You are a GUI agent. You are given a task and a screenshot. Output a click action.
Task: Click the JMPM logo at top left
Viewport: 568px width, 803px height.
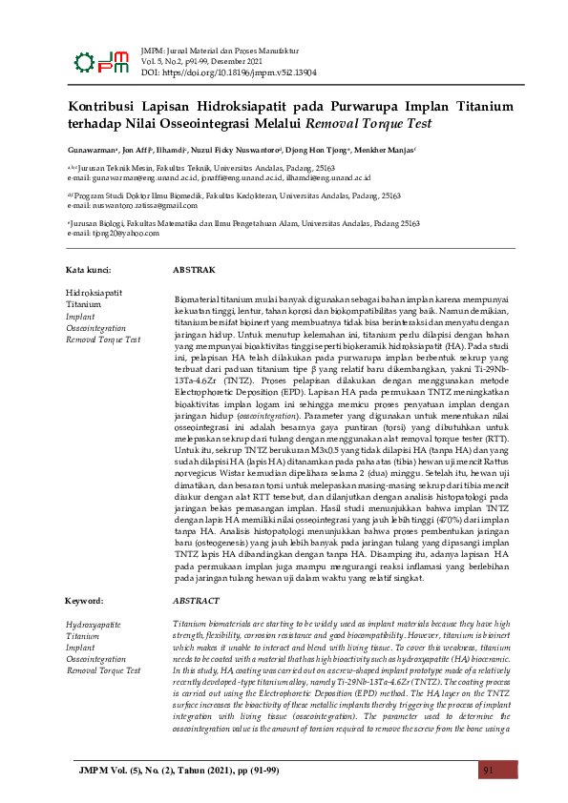(x=100, y=59)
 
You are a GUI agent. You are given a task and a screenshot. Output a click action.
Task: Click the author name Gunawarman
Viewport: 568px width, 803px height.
(x=92, y=151)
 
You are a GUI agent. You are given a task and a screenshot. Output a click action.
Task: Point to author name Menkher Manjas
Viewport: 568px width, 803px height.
(x=389, y=151)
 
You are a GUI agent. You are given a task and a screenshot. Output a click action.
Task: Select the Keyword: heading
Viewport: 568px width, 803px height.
(x=85, y=601)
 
